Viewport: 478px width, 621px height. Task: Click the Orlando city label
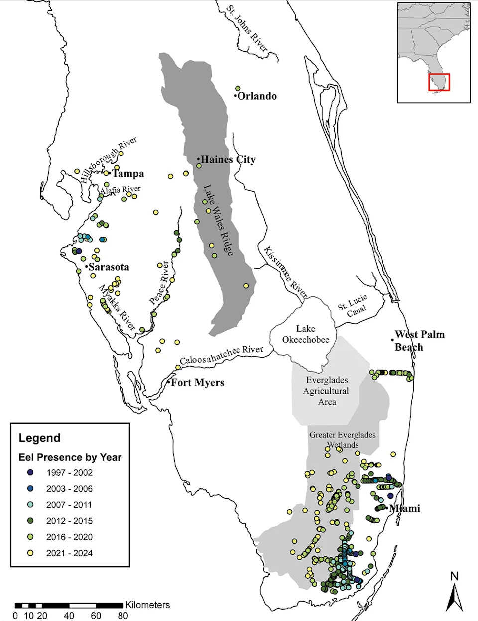coord(257,96)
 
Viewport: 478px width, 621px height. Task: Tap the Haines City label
coord(228,160)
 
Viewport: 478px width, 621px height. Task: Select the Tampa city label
coord(128,174)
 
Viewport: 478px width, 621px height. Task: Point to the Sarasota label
coord(109,267)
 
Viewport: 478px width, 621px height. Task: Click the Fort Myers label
coord(197,383)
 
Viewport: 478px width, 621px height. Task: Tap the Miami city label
coord(404,508)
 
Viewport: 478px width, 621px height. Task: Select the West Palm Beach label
coord(419,341)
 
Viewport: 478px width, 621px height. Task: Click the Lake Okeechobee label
coord(306,334)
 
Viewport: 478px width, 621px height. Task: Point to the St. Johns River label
coord(247,29)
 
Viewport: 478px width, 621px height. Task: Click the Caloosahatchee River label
coord(222,355)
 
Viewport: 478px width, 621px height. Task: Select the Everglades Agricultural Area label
coord(327,391)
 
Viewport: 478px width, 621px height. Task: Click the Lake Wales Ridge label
coord(218,220)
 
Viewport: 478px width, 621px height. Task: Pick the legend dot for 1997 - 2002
coord(31,472)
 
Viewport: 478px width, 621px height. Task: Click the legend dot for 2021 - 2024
coord(31,553)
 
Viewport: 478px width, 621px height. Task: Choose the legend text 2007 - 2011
coord(69,505)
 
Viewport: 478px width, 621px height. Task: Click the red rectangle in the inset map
coord(439,82)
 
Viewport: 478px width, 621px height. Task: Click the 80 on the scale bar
coord(122,616)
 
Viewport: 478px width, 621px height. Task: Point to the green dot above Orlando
coord(238,88)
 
